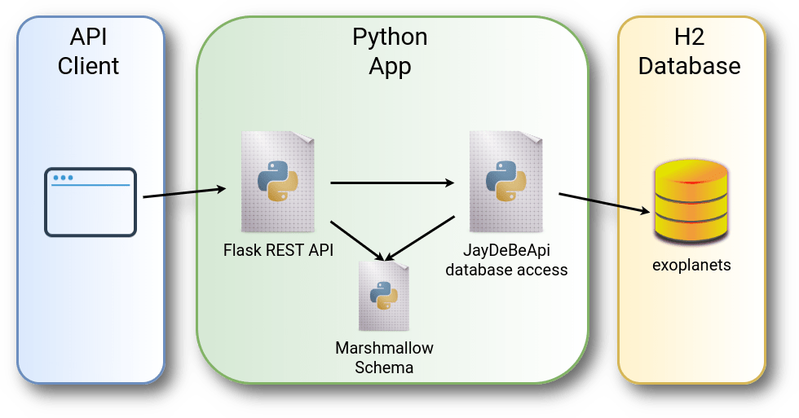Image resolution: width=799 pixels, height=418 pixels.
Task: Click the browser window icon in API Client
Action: pyautogui.click(x=90, y=202)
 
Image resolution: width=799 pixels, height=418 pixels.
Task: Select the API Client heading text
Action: pyautogui.click(x=89, y=51)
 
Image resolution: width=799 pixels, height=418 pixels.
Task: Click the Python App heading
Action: pyautogui.click(x=390, y=51)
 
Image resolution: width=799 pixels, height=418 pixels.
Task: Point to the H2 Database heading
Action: pyautogui.click(x=690, y=51)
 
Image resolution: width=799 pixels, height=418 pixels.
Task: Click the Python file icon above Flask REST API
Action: pyautogui.click(x=277, y=181)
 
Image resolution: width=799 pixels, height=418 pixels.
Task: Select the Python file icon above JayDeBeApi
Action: pyautogui.click(x=505, y=181)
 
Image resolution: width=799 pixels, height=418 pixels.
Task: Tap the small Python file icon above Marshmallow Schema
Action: pyautogui.click(x=383, y=295)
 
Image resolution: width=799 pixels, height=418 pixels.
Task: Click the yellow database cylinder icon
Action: pyautogui.click(x=691, y=202)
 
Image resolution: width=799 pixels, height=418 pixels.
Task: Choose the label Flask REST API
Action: pyautogui.click(x=278, y=249)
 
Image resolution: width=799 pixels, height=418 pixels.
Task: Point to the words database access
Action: pyautogui.click(x=505, y=270)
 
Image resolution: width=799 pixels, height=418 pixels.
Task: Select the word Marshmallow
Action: pyautogui.click(x=384, y=348)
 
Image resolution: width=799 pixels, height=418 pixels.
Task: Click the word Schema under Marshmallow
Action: pyautogui.click(x=384, y=367)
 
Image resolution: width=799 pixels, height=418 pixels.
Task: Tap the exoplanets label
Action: pyautogui.click(x=691, y=265)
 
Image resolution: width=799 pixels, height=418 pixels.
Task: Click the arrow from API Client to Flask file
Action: pyautogui.click(x=184, y=192)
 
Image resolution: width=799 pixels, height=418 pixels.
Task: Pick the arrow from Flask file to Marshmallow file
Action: pyautogui.click(x=357, y=240)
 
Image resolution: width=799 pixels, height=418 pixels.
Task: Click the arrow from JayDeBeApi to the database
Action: pyautogui.click(x=604, y=203)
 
